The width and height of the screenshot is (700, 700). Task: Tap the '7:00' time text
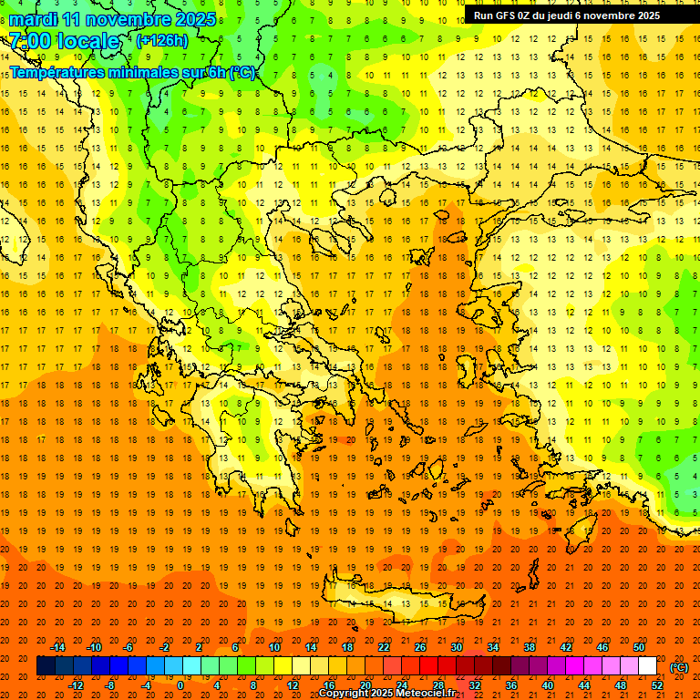[x=30, y=41]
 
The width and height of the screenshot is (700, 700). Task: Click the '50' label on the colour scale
[x=639, y=647]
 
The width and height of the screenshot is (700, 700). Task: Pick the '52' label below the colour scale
[x=657, y=685]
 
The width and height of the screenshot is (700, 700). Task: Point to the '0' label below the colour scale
[x=180, y=685]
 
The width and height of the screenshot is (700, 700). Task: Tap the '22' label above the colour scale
[x=384, y=647]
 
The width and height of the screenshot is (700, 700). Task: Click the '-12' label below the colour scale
[x=77, y=685]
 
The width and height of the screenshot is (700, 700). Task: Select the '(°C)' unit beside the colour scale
[x=679, y=667]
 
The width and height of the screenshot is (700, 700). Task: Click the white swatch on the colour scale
[x=647, y=666]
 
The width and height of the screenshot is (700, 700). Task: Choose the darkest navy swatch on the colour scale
[x=46, y=666]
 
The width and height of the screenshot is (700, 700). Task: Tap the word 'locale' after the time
[x=87, y=41]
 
